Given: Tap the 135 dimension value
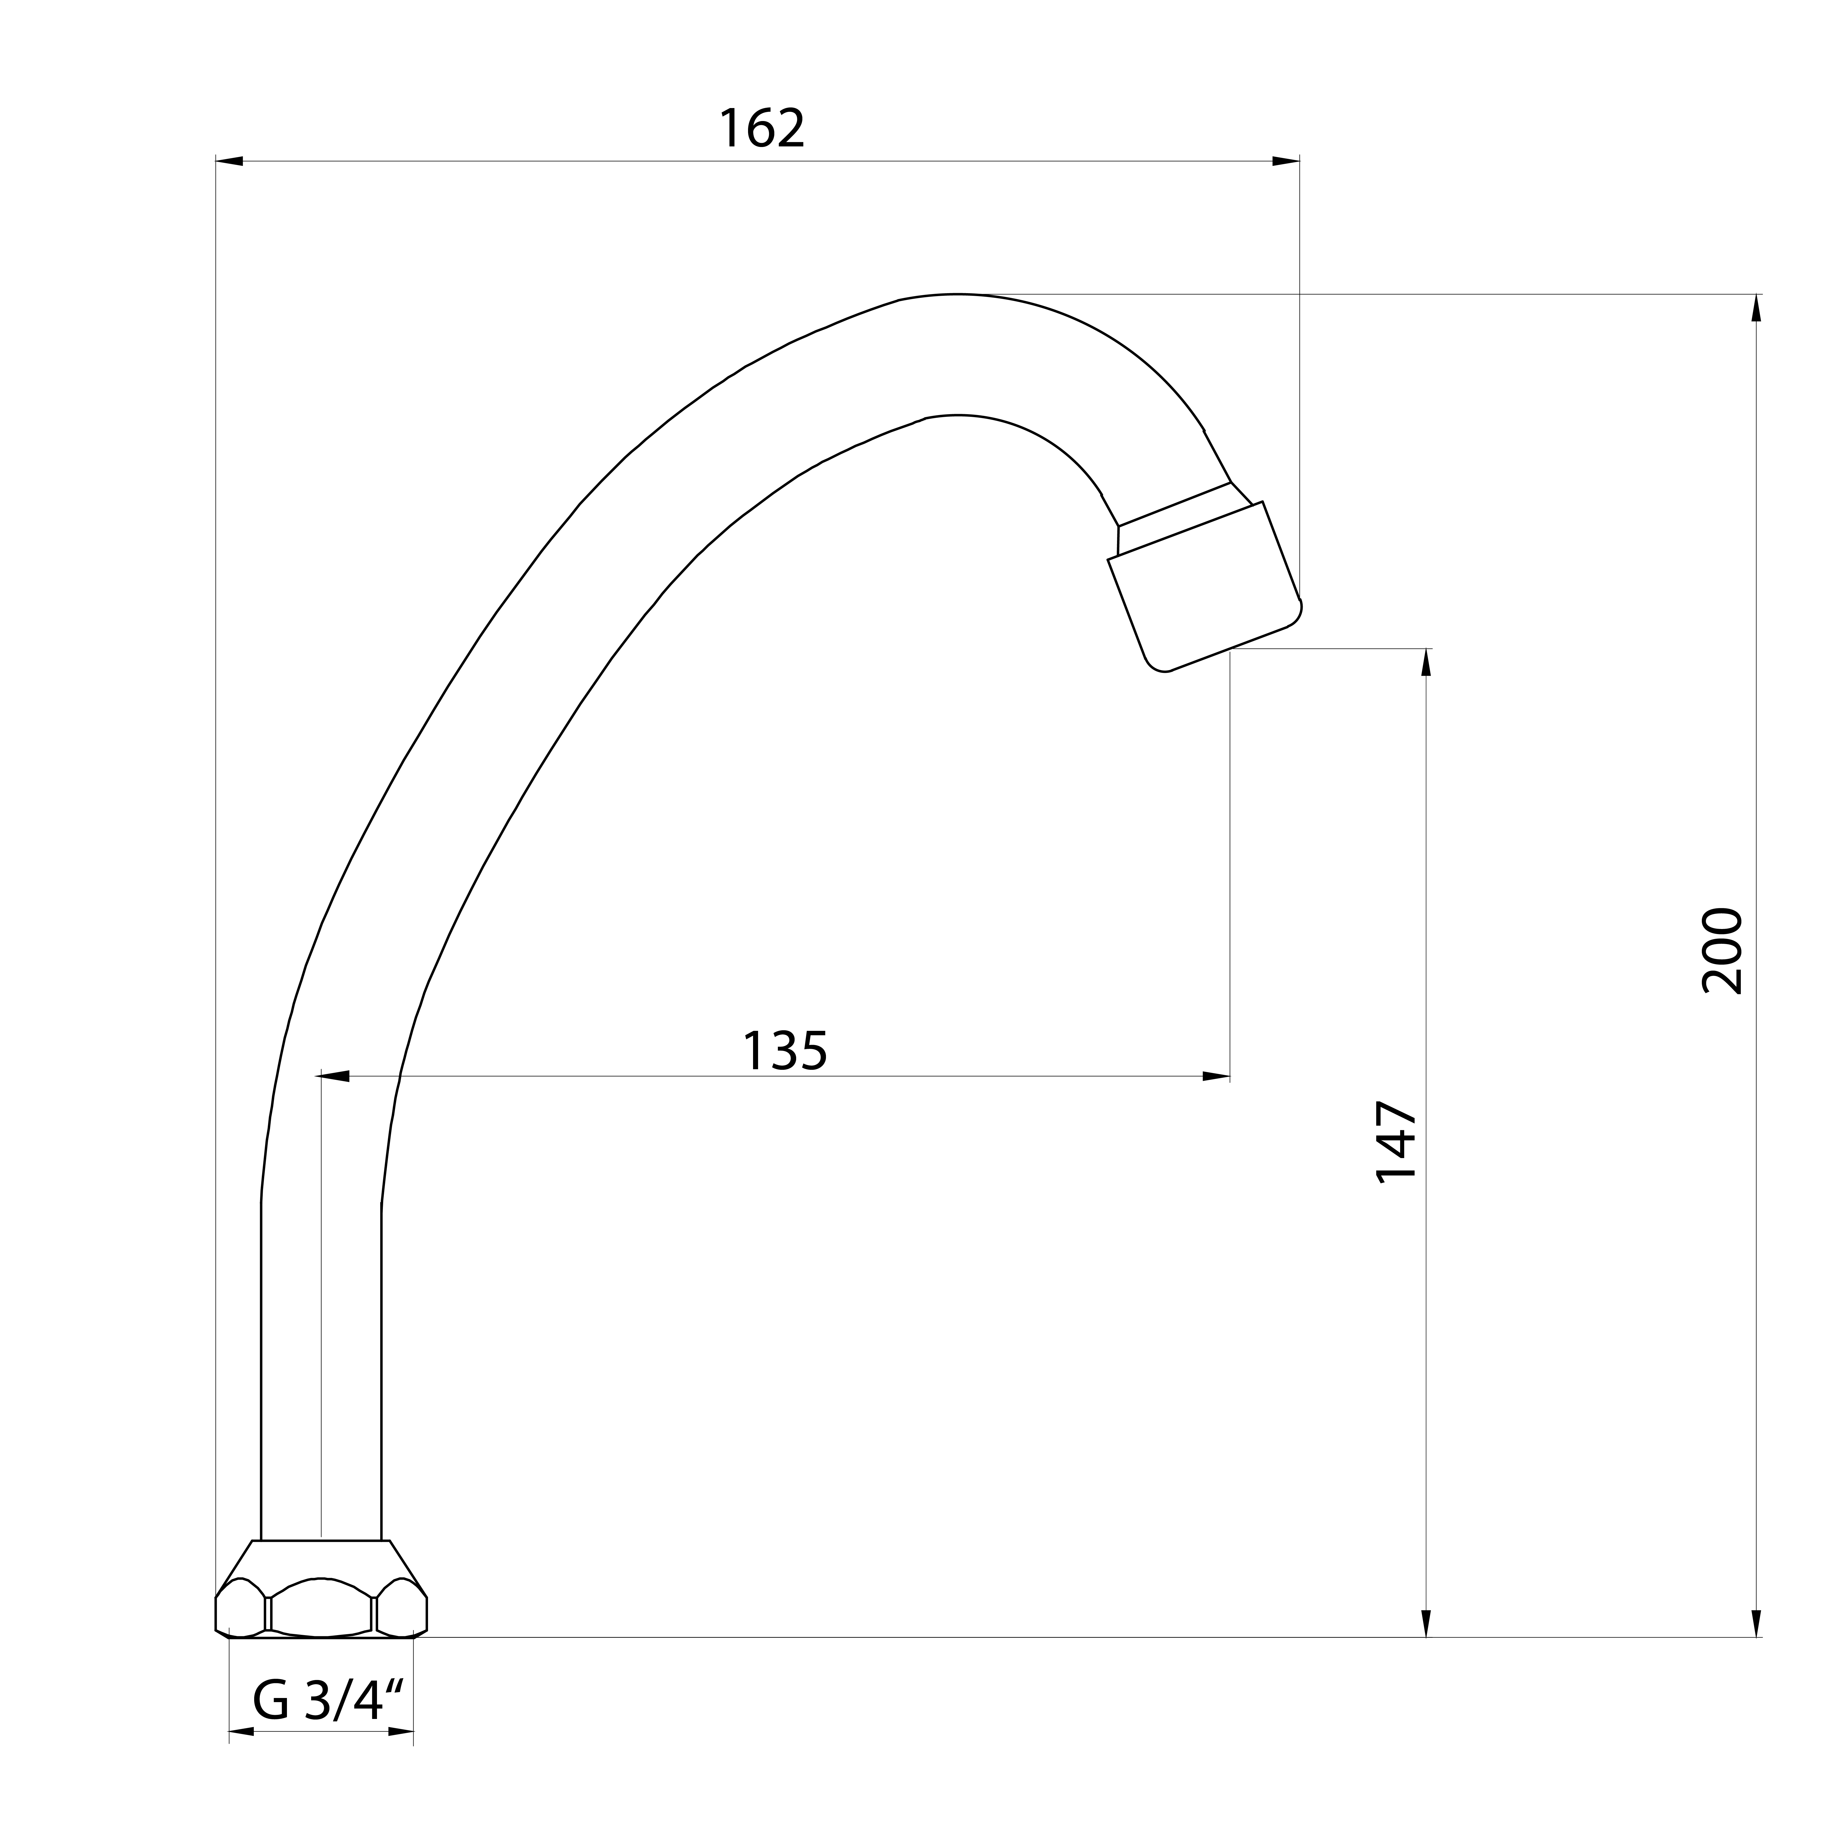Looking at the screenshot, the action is coord(785,1052).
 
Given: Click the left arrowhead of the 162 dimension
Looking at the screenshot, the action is coord(229,161).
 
